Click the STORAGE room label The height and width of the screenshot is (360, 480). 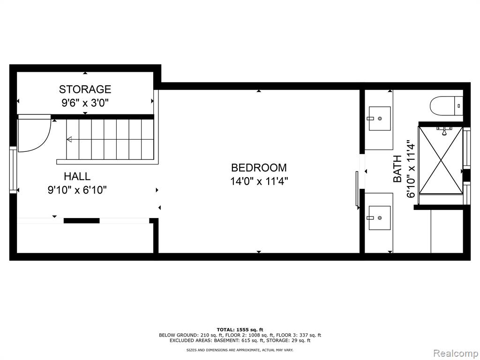click(85, 89)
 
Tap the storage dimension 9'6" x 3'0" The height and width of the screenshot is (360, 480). click(85, 103)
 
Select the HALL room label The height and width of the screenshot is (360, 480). click(77, 176)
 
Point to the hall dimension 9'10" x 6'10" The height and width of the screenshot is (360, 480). click(77, 190)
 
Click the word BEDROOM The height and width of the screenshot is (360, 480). click(259, 168)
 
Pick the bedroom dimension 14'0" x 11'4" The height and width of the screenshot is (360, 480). click(259, 181)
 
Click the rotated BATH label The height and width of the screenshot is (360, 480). click(397, 169)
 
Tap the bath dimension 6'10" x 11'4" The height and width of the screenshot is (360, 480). click(411, 169)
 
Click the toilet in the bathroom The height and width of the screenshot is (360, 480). click(447, 106)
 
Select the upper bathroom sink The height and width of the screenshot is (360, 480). click(380, 119)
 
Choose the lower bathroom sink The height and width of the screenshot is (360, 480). click(380, 217)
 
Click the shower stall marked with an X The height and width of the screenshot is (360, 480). click(441, 160)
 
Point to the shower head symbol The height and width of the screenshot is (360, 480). click(443, 131)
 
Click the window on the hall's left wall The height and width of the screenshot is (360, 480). click(13, 170)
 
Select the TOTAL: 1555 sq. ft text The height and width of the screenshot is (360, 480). click(240, 330)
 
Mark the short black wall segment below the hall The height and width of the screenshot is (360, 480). click(82, 220)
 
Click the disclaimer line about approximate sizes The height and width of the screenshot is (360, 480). click(240, 350)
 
